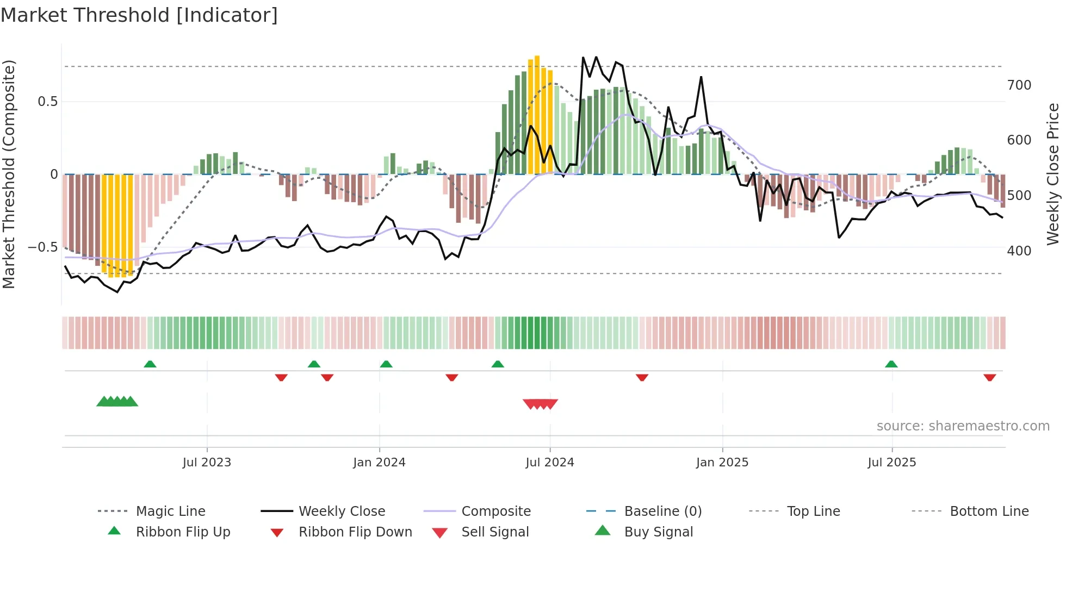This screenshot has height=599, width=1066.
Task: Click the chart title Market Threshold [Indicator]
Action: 139,15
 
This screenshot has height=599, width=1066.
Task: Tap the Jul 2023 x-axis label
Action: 207,463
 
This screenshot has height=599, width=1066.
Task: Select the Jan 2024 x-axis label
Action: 379,463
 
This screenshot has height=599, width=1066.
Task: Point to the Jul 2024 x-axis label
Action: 550,463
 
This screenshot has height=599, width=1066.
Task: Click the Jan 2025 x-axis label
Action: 722,463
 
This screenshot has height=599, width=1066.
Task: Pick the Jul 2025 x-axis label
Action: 892,463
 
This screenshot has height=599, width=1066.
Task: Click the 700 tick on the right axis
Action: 1019,85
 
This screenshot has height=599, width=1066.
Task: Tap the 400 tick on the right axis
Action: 1019,251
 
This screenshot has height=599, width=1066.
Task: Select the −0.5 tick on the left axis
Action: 43,247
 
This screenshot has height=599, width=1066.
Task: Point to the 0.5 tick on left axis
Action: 47,102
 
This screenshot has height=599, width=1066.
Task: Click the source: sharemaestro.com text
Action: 963,426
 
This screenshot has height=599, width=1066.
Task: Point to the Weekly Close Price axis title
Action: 1053,174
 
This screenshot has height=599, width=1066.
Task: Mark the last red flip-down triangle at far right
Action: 990,377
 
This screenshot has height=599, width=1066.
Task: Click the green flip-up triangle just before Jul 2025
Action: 891,364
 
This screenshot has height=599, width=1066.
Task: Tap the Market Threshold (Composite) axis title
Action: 9,174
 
